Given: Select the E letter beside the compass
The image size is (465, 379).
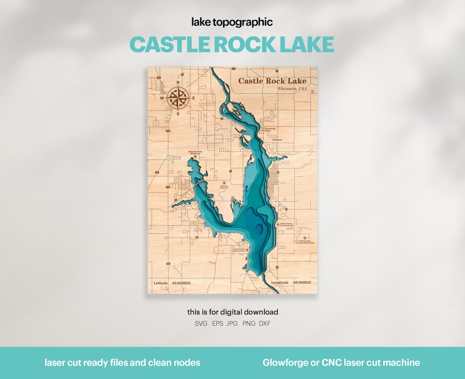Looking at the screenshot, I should pyautogui.click(x=194, y=98).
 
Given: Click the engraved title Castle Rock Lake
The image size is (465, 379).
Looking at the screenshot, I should pyautogui.click(x=272, y=81).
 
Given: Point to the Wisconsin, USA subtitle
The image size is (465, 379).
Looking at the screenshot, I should pyautogui.click(x=292, y=89).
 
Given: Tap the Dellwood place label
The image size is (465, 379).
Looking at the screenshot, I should pyautogui.click(x=277, y=140).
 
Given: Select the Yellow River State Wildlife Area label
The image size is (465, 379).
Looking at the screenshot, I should pyautogui.click(x=195, y=153).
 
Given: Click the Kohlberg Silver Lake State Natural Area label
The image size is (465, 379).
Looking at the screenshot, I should pyautogui.click(x=305, y=242).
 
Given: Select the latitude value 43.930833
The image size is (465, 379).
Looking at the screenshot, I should pyautogui.click(x=181, y=283).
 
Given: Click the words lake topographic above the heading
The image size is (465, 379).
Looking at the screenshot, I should pyautogui.click(x=232, y=22).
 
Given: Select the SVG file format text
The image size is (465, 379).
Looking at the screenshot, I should pyautogui.click(x=201, y=324).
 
